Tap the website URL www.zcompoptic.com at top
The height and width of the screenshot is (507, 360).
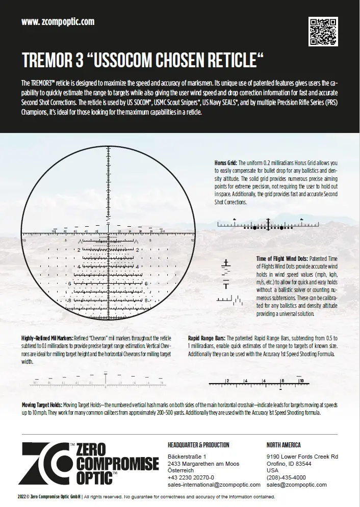pyautogui.click(x=58, y=21)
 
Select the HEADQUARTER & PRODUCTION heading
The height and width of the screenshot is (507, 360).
pyautogui.click(x=198, y=445)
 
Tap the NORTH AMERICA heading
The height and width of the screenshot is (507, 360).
pyautogui.click(x=284, y=445)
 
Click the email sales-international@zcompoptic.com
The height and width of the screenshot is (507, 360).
pyautogui.click(x=214, y=485)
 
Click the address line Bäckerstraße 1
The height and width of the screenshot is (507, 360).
pyautogui.click(x=187, y=457)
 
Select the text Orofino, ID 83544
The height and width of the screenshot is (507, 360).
pyautogui.click(x=289, y=464)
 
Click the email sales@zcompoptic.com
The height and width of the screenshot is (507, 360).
pyautogui.click(x=297, y=485)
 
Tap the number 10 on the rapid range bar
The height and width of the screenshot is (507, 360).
pyautogui.click(x=301, y=380)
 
